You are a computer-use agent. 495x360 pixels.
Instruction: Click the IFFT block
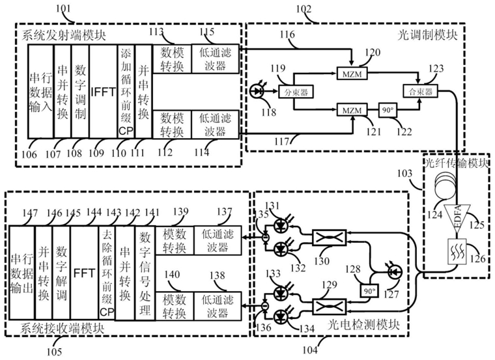[102, 90]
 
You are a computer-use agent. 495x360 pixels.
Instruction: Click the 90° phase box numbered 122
[387, 111]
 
